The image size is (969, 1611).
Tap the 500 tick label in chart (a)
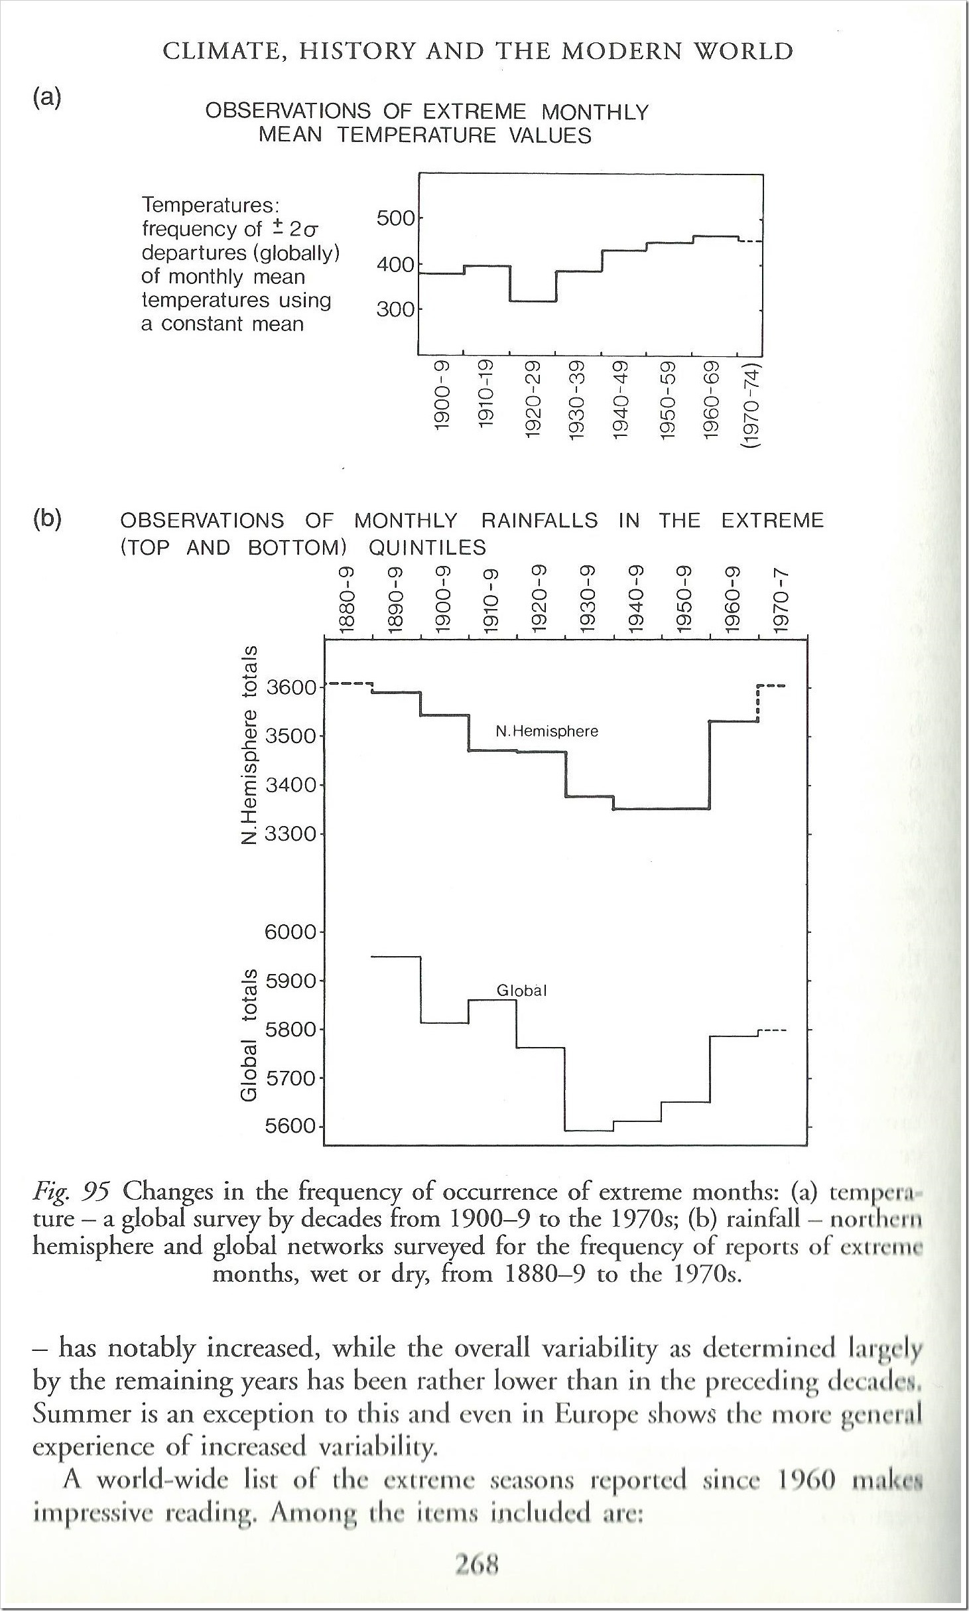pos(395,218)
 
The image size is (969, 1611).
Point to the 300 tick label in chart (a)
pos(395,309)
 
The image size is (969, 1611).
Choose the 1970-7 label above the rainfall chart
pos(783,600)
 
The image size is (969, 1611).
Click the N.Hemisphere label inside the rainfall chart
pos(547,731)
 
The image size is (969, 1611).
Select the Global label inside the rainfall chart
pos(521,991)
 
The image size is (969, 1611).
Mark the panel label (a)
pos(46,98)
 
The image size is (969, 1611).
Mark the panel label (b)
pos(46,519)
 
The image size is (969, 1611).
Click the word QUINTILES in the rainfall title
pos(427,547)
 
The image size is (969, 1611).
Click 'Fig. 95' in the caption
pos(70,1192)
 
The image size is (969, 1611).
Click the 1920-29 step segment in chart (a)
pos(533,301)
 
